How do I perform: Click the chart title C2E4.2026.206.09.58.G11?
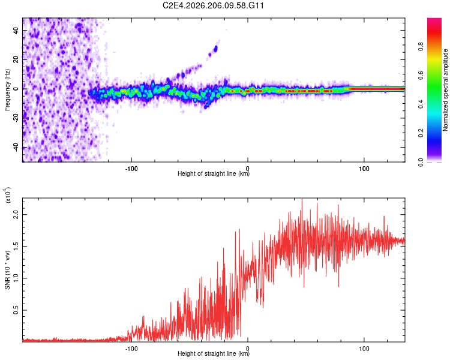tap(213, 5)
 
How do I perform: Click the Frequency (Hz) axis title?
tap(7, 90)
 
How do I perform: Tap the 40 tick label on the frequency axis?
tap(16, 31)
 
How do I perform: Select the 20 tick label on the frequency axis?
tap(16, 60)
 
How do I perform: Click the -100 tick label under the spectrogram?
tap(131, 169)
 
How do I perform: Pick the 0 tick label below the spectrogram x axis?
tap(248, 169)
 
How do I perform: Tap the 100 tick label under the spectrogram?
tap(364, 169)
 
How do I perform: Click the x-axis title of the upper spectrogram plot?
tap(214, 173)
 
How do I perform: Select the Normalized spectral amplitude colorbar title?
tap(445, 90)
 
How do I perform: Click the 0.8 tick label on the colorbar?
tap(421, 47)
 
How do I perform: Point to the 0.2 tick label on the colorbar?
tap(421, 133)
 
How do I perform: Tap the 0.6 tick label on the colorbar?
tap(421, 76)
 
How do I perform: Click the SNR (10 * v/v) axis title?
tap(7, 270)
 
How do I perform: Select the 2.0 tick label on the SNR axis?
tap(16, 214)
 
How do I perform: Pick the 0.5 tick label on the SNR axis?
tap(16, 310)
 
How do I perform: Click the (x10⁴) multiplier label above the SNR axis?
tap(8, 195)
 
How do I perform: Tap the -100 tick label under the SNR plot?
tap(131, 349)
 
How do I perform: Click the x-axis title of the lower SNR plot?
tap(214, 353)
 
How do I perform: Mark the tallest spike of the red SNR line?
tap(302, 199)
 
